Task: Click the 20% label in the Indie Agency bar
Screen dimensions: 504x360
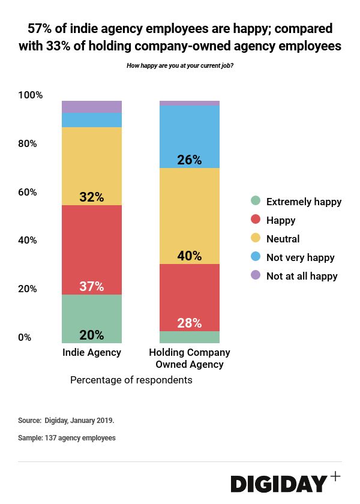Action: [92, 335]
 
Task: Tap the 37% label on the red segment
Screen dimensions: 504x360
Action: [92, 287]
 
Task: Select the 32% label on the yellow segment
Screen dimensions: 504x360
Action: [92, 197]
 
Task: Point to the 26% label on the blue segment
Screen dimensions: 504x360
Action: [189, 160]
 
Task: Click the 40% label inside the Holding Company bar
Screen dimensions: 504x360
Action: [189, 256]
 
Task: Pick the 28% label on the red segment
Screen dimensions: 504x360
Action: [189, 323]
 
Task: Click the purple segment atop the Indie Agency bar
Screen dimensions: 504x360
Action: [92, 107]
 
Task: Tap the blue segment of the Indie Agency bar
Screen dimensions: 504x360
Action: [92, 120]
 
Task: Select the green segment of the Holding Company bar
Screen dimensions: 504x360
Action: [189, 337]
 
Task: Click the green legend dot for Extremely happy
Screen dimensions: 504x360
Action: [256, 202]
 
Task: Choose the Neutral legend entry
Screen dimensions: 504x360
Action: [283, 239]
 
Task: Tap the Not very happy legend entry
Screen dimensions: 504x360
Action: [300, 257]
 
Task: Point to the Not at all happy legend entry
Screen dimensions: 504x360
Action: [302, 276]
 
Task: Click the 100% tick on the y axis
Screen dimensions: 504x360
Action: [31, 95]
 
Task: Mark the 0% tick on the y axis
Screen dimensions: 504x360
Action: [26, 337]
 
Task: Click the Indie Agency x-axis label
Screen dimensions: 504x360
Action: [92, 353]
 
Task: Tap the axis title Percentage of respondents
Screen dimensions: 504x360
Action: [131, 380]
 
